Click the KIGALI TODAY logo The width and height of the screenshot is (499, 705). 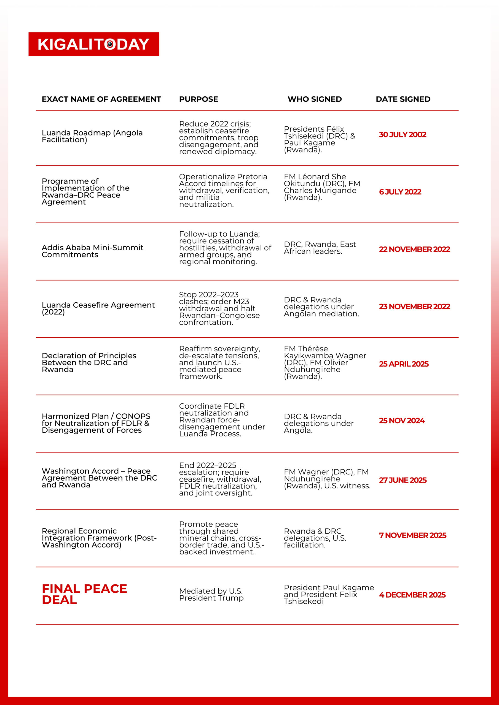[x=93, y=44]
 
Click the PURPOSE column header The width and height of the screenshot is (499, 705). [x=198, y=99]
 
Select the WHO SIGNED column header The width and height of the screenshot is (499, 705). [x=315, y=99]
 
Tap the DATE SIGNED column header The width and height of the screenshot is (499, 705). [x=403, y=99]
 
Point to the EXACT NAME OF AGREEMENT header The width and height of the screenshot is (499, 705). [x=101, y=99]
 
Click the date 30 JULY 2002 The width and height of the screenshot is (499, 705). [x=403, y=134]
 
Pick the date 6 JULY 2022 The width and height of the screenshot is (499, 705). [x=400, y=192]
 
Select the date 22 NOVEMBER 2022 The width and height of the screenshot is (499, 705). [x=414, y=249]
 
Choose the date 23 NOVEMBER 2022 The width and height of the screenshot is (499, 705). [x=414, y=307]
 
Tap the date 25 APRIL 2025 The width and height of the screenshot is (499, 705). [x=404, y=364]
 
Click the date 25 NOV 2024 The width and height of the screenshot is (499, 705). [x=401, y=421]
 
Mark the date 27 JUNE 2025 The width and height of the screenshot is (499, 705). [x=403, y=480]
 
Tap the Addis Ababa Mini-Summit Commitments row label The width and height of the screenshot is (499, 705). [x=92, y=251]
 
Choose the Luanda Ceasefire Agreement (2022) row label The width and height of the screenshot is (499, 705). [x=98, y=308]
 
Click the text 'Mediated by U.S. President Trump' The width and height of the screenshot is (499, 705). [x=211, y=595]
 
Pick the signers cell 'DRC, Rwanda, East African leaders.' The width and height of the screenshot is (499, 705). [x=320, y=248]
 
